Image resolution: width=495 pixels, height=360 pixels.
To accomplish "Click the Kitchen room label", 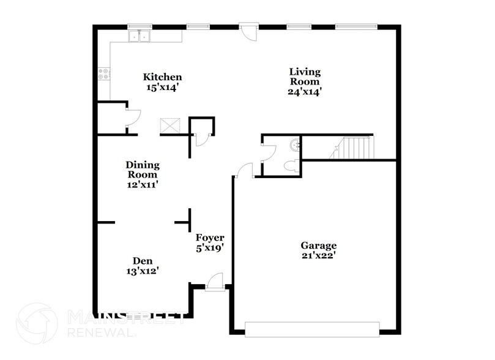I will [x=162, y=77].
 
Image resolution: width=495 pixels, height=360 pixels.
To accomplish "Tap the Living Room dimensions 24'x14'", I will [x=305, y=92].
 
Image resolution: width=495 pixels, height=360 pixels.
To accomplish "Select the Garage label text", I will [x=318, y=246].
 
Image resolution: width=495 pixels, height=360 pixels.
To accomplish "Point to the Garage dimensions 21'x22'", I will [x=318, y=257].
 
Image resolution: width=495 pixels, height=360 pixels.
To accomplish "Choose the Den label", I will [x=143, y=261].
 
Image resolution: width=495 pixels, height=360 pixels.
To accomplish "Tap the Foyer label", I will [x=210, y=238].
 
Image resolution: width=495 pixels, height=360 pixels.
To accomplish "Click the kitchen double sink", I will [x=140, y=36].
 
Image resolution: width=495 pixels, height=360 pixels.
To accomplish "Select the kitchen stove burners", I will [x=103, y=74].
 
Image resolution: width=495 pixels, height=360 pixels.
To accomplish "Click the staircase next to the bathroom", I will [x=355, y=148].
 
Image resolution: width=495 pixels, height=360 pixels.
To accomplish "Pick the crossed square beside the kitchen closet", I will [x=170, y=126].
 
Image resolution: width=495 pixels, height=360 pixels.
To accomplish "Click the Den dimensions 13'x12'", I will [x=143, y=271].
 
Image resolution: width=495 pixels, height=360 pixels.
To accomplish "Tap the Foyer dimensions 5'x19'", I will [x=210, y=248].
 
